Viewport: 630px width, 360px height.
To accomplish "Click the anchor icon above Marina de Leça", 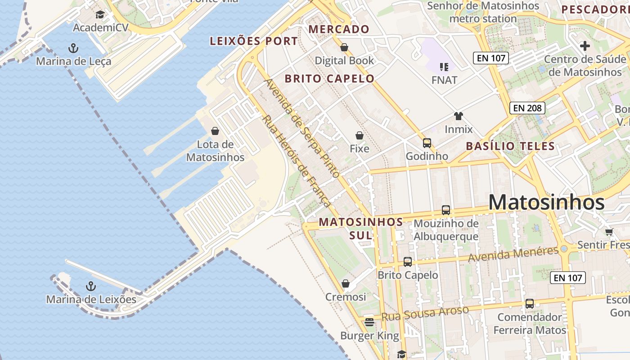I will click(x=73, y=48).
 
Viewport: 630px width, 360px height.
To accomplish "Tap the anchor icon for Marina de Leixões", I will click(x=91, y=286).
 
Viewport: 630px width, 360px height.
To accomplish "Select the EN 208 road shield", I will click(x=527, y=108).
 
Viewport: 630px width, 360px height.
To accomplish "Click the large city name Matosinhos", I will click(x=546, y=202).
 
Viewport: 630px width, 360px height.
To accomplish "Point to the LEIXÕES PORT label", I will click(x=254, y=41).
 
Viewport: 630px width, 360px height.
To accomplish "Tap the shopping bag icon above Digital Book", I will click(x=344, y=47).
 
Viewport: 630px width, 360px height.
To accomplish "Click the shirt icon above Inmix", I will click(x=459, y=116).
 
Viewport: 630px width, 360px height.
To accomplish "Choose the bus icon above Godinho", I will click(x=427, y=143).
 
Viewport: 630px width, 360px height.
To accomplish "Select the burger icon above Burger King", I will click(x=369, y=322).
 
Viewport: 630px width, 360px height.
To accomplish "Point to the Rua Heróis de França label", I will click(x=297, y=161).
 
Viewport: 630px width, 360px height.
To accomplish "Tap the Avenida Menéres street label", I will click(x=513, y=254).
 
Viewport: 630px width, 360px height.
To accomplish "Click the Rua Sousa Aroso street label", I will click(x=425, y=313).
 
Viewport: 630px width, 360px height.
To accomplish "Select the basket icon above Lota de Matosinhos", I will click(x=215, y=131).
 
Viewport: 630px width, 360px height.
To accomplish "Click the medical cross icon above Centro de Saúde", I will click(x=585, y=46).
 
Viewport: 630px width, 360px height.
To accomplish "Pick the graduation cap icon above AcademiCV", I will click(x=100, y=15).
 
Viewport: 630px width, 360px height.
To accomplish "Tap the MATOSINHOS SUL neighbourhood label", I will click(x=361, y=228).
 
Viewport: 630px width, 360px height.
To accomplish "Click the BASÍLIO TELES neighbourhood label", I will click(x=510, y=146).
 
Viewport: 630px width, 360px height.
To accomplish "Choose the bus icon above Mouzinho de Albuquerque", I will click(x=446, y=210).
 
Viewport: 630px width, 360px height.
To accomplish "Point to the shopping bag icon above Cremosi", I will click(x=346, y=283).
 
